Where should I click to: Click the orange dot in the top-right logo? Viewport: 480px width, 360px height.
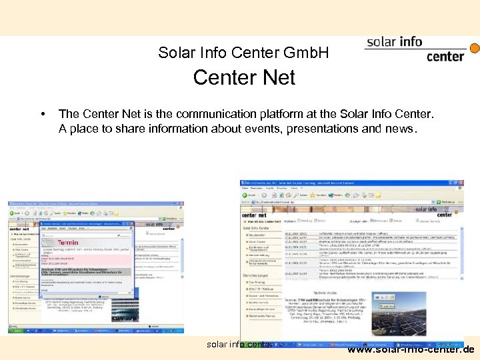point(475,49)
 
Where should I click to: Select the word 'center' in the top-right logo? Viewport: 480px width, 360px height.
point(445,56)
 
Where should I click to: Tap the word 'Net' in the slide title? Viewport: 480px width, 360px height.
point(276,78)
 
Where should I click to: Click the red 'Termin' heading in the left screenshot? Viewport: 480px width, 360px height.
point(68,243)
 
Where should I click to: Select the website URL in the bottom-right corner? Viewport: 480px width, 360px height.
point(411,349)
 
